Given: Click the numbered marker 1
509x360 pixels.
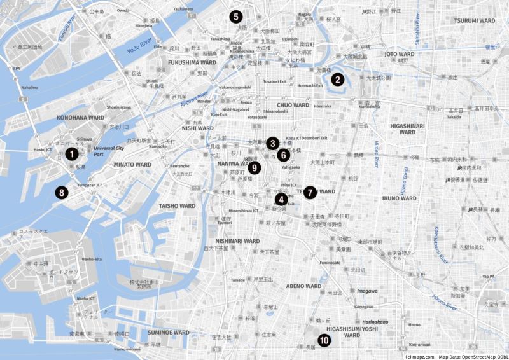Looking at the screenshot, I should click(x=73, y=153).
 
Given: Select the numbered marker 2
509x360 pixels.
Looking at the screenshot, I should click(x=337, y=80).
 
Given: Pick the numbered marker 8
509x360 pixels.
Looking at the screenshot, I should click(x=61, y=192).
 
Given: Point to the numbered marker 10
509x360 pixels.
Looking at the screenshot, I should click(x=324, y=341).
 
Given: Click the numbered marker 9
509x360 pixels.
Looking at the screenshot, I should click(x=254, y=168).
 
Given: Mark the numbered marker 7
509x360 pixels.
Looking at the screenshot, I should click(x=310, y=191).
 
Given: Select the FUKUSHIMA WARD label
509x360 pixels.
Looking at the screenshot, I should click(x=192, y=63).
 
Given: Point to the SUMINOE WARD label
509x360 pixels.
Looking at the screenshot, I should click(x=169, y=333).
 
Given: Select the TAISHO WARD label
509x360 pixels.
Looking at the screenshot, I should click(x=177, y=206).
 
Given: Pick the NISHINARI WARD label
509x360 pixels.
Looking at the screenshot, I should click(x=237, y=242).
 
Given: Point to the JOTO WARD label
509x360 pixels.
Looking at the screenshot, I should click(x=400, y=55).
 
